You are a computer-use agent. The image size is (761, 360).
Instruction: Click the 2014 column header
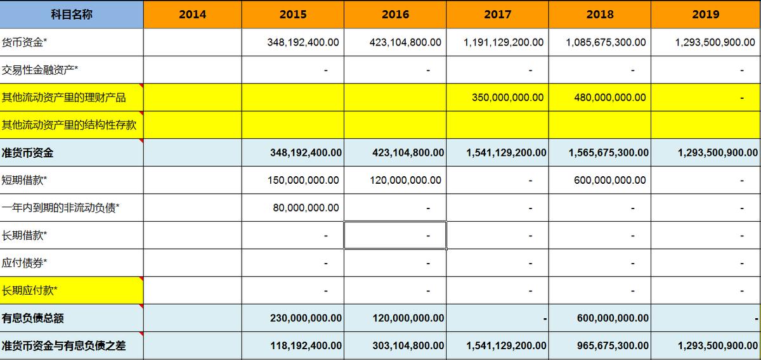[x=192, y=15]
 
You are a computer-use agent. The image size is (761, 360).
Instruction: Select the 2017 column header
[x=498, y=15]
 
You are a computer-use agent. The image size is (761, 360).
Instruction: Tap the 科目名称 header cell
[x=72, y=15]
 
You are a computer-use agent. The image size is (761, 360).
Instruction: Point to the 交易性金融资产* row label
[x=40, y=70]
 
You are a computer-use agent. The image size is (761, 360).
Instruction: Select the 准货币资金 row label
[x=28, y=153]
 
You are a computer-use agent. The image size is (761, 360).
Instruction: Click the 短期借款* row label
[x=25, y=180]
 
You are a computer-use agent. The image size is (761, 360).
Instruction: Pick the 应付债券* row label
[x=25, y=263]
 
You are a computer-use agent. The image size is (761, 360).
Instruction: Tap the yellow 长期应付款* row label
[x=30, y=291]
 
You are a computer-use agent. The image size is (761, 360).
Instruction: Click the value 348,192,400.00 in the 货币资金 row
[x=303, y=42]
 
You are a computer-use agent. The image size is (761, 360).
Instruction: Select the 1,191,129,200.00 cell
[x=504, y=42]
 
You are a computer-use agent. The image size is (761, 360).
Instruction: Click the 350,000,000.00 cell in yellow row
[x=507, y=98]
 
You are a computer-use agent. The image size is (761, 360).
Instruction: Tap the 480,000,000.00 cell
[x=610, y=98]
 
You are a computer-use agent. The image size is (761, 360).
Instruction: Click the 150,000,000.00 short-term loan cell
[x=303, y=180]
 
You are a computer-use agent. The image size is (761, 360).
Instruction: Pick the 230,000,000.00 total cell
[x=306, y=318]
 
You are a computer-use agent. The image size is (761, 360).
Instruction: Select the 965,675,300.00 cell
[x=613, y=346]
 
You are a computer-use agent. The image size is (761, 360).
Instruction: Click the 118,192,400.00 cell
[x=306, y=346]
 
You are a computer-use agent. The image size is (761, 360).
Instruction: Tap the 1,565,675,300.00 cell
[x=609, y=153]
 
